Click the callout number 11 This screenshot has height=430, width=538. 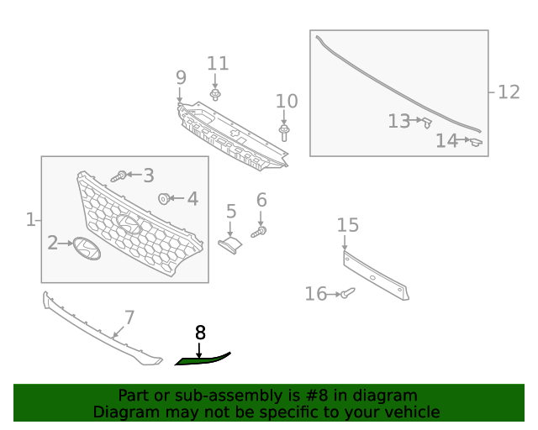[218, 63]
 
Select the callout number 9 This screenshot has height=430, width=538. [181, 77]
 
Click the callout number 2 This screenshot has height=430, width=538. [53, 244]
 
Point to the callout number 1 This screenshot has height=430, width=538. [30, 220]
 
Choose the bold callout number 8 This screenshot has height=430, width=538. [200, 333]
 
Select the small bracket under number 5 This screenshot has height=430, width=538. [229, 244]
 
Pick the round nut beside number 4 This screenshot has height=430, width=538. [165, 199]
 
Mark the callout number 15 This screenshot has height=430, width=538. [348, 224]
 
